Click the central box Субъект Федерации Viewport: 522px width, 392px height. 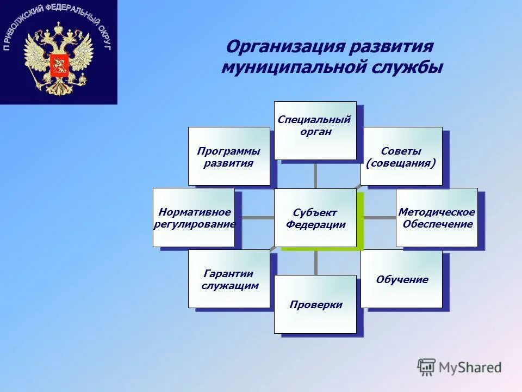point(315,218)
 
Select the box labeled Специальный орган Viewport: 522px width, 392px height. point(315,131)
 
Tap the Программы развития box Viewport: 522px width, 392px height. point(229,156)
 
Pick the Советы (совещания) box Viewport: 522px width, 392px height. point(401,156)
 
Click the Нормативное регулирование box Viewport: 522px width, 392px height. point(194,218)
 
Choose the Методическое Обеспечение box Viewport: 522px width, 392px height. point(437,218)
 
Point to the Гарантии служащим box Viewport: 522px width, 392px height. point(229,279)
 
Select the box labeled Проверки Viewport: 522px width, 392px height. point(315,304)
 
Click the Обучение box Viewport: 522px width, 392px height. point(401,279)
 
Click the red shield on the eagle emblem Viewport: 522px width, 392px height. point(58,65)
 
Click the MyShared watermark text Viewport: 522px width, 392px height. point(470,367)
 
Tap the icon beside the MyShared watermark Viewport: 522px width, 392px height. point(427,367)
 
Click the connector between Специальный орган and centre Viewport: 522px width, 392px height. point(315,174)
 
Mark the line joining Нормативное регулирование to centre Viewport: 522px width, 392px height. point(254,218)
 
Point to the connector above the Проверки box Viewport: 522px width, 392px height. point(315,262)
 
